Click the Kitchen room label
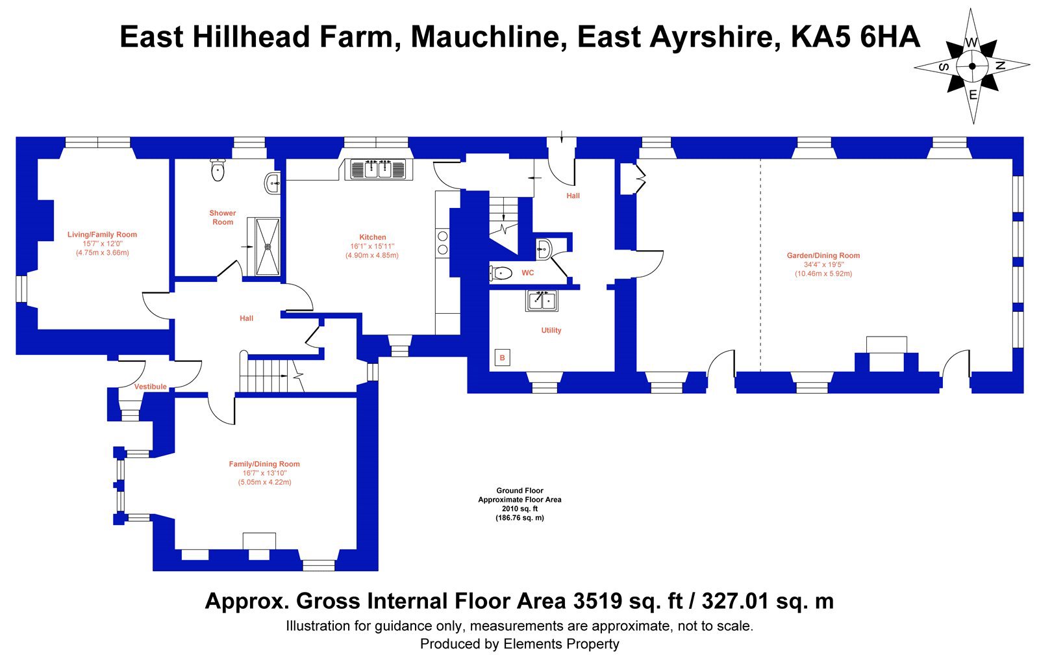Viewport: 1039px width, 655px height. [373, 237]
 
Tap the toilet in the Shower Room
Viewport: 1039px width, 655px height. [218, 170]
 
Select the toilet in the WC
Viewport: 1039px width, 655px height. [501, 274]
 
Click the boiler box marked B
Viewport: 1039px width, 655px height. [503, 358]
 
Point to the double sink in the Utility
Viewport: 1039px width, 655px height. [542, 300]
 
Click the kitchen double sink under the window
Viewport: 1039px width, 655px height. [379, 169]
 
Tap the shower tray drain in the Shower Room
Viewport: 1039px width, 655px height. [268, 247]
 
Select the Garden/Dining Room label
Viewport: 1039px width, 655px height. [823, 255]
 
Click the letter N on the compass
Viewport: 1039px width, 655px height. [1001, 66]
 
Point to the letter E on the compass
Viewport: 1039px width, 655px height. [973, 95]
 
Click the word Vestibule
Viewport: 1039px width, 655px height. [150, 387]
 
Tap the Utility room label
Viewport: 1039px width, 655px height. [551, 331]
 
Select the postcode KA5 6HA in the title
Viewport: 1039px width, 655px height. [855, 37]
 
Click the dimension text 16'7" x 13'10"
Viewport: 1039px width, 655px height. [265, 474]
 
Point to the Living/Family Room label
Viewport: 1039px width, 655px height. [102, 235]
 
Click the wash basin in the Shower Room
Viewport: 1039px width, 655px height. [272, 183]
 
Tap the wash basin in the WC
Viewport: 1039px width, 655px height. [544, 250]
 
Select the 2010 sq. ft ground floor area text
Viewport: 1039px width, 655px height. [519, 509]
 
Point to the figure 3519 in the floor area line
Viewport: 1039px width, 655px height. [597, 601]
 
